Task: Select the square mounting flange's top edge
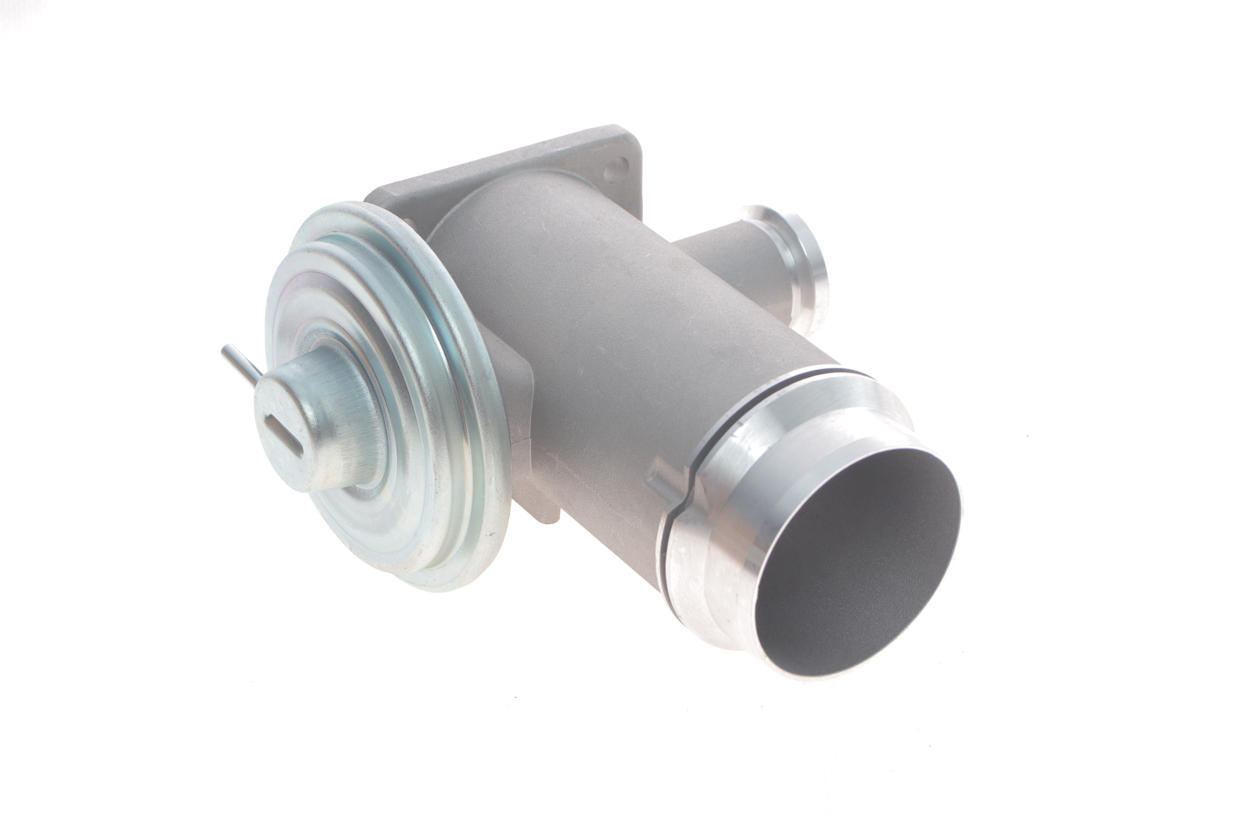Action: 502,153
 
